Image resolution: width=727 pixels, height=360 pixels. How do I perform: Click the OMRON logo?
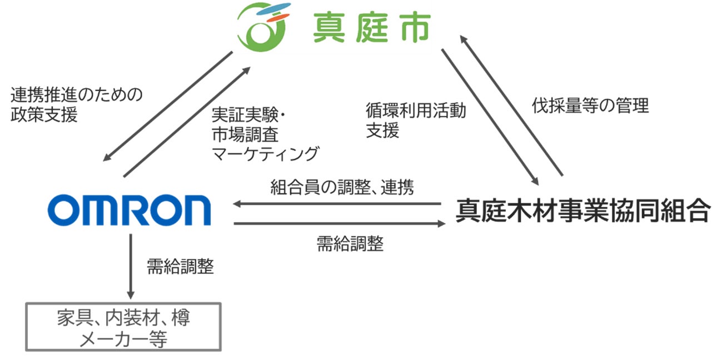129,211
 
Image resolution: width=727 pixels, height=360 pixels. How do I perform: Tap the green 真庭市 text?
371,28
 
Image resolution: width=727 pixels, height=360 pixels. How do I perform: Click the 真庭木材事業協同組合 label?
583,211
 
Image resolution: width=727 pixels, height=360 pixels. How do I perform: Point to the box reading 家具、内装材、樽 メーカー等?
124,327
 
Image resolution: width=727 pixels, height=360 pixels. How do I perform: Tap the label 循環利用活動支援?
415,120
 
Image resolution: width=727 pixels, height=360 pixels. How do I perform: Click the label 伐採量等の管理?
590,106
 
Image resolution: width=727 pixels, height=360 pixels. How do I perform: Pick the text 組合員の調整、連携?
342,187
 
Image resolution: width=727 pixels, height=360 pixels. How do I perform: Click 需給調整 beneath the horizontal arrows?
350,243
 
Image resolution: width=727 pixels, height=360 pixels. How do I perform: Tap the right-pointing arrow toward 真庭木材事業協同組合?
340,223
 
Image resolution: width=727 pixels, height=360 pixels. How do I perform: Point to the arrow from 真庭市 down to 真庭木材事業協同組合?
490,116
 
